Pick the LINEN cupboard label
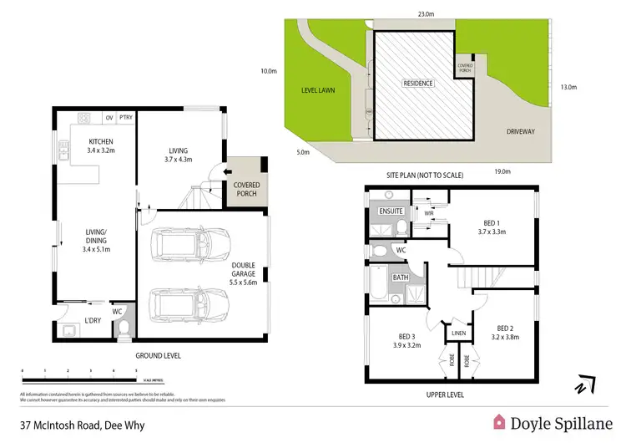(458, 334)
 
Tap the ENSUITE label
(391, 211)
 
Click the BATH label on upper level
(400, 277)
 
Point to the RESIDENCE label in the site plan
(418, 84)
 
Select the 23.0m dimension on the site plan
(427, 13)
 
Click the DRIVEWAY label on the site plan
(522, 132)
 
